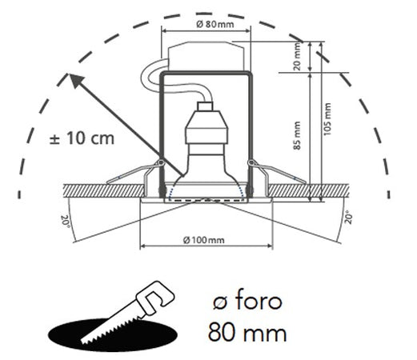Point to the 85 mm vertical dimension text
pyautogui.click(x=297, y=136)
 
